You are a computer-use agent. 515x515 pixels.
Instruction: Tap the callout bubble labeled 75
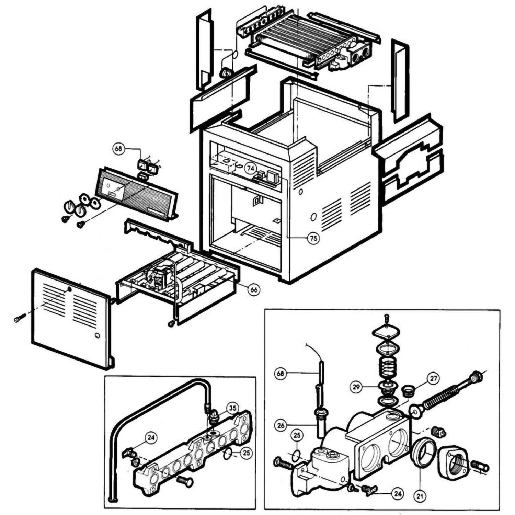pos(313,238)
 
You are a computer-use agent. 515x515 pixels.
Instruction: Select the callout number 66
pos(254,289)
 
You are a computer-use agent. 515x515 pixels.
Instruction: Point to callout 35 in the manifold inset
pos(233,409)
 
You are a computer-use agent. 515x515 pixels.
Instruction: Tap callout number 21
pos(421,496)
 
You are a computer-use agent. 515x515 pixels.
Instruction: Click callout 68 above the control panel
pos(119,149)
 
